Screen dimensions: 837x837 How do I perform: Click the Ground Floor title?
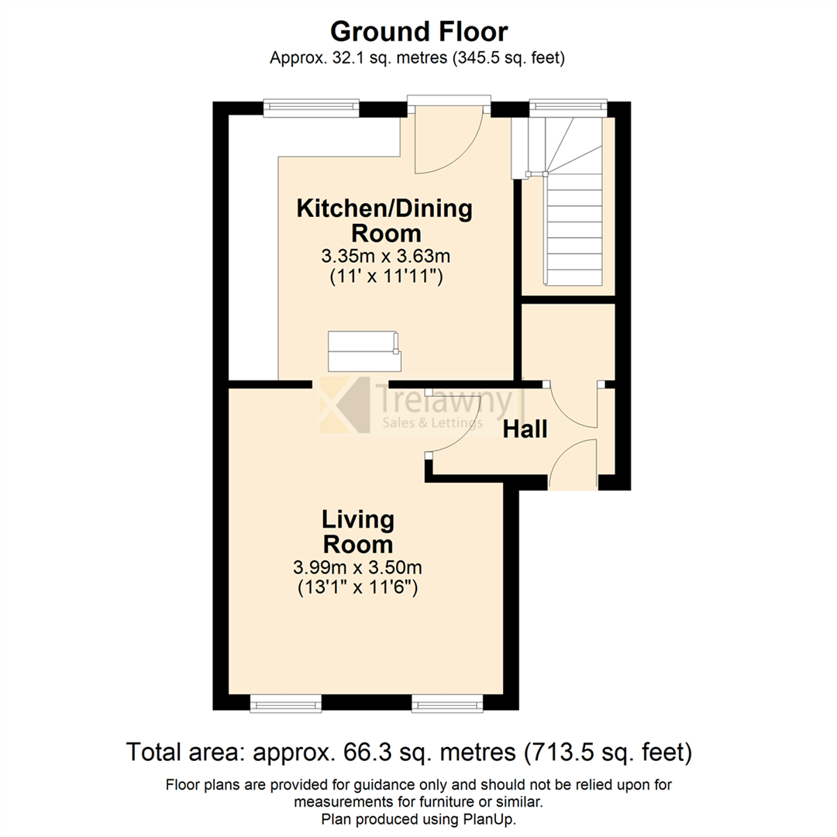418,32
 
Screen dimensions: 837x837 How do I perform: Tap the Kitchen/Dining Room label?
385,220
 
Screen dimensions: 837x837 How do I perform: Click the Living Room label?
358,531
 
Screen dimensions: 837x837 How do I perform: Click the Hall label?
525,429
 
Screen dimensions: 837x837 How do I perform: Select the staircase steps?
573,232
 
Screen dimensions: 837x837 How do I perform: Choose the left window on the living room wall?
285,703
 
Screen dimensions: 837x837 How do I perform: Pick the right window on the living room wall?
447,703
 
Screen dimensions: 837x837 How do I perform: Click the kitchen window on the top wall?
311,108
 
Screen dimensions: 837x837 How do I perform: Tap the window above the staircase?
567,108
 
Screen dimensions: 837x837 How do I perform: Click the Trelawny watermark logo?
418,407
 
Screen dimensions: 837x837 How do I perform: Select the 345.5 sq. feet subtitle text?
504,57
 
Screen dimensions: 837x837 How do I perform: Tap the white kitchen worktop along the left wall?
253,248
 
